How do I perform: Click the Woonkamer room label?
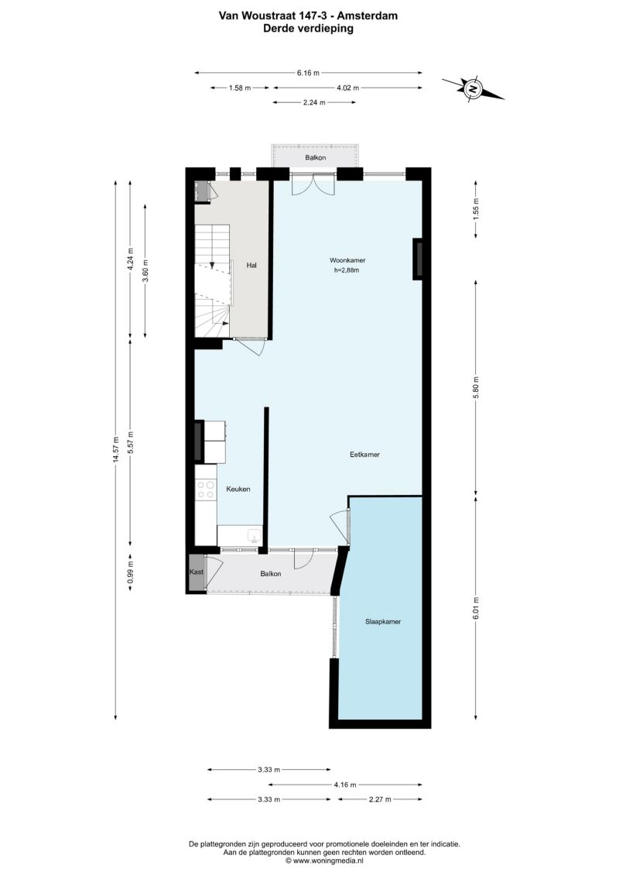pos(347,260)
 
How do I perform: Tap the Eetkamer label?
pos(364,455)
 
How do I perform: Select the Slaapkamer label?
pos(383,621)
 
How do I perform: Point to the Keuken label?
pos(238,489)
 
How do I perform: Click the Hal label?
pos(251,266)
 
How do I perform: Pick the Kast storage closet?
pos(197,573)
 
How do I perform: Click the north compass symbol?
pos(474,89)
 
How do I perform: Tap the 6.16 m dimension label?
pos(308,73)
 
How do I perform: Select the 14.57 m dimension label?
pos(115,449)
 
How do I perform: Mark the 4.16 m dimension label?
pos(345,785)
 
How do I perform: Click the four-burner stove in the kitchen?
pos(206,490)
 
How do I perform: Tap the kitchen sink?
pos(254,536)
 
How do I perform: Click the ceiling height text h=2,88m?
pos(346,271)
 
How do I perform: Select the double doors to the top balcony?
pos(313,184)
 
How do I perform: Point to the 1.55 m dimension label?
pos(476,209)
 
